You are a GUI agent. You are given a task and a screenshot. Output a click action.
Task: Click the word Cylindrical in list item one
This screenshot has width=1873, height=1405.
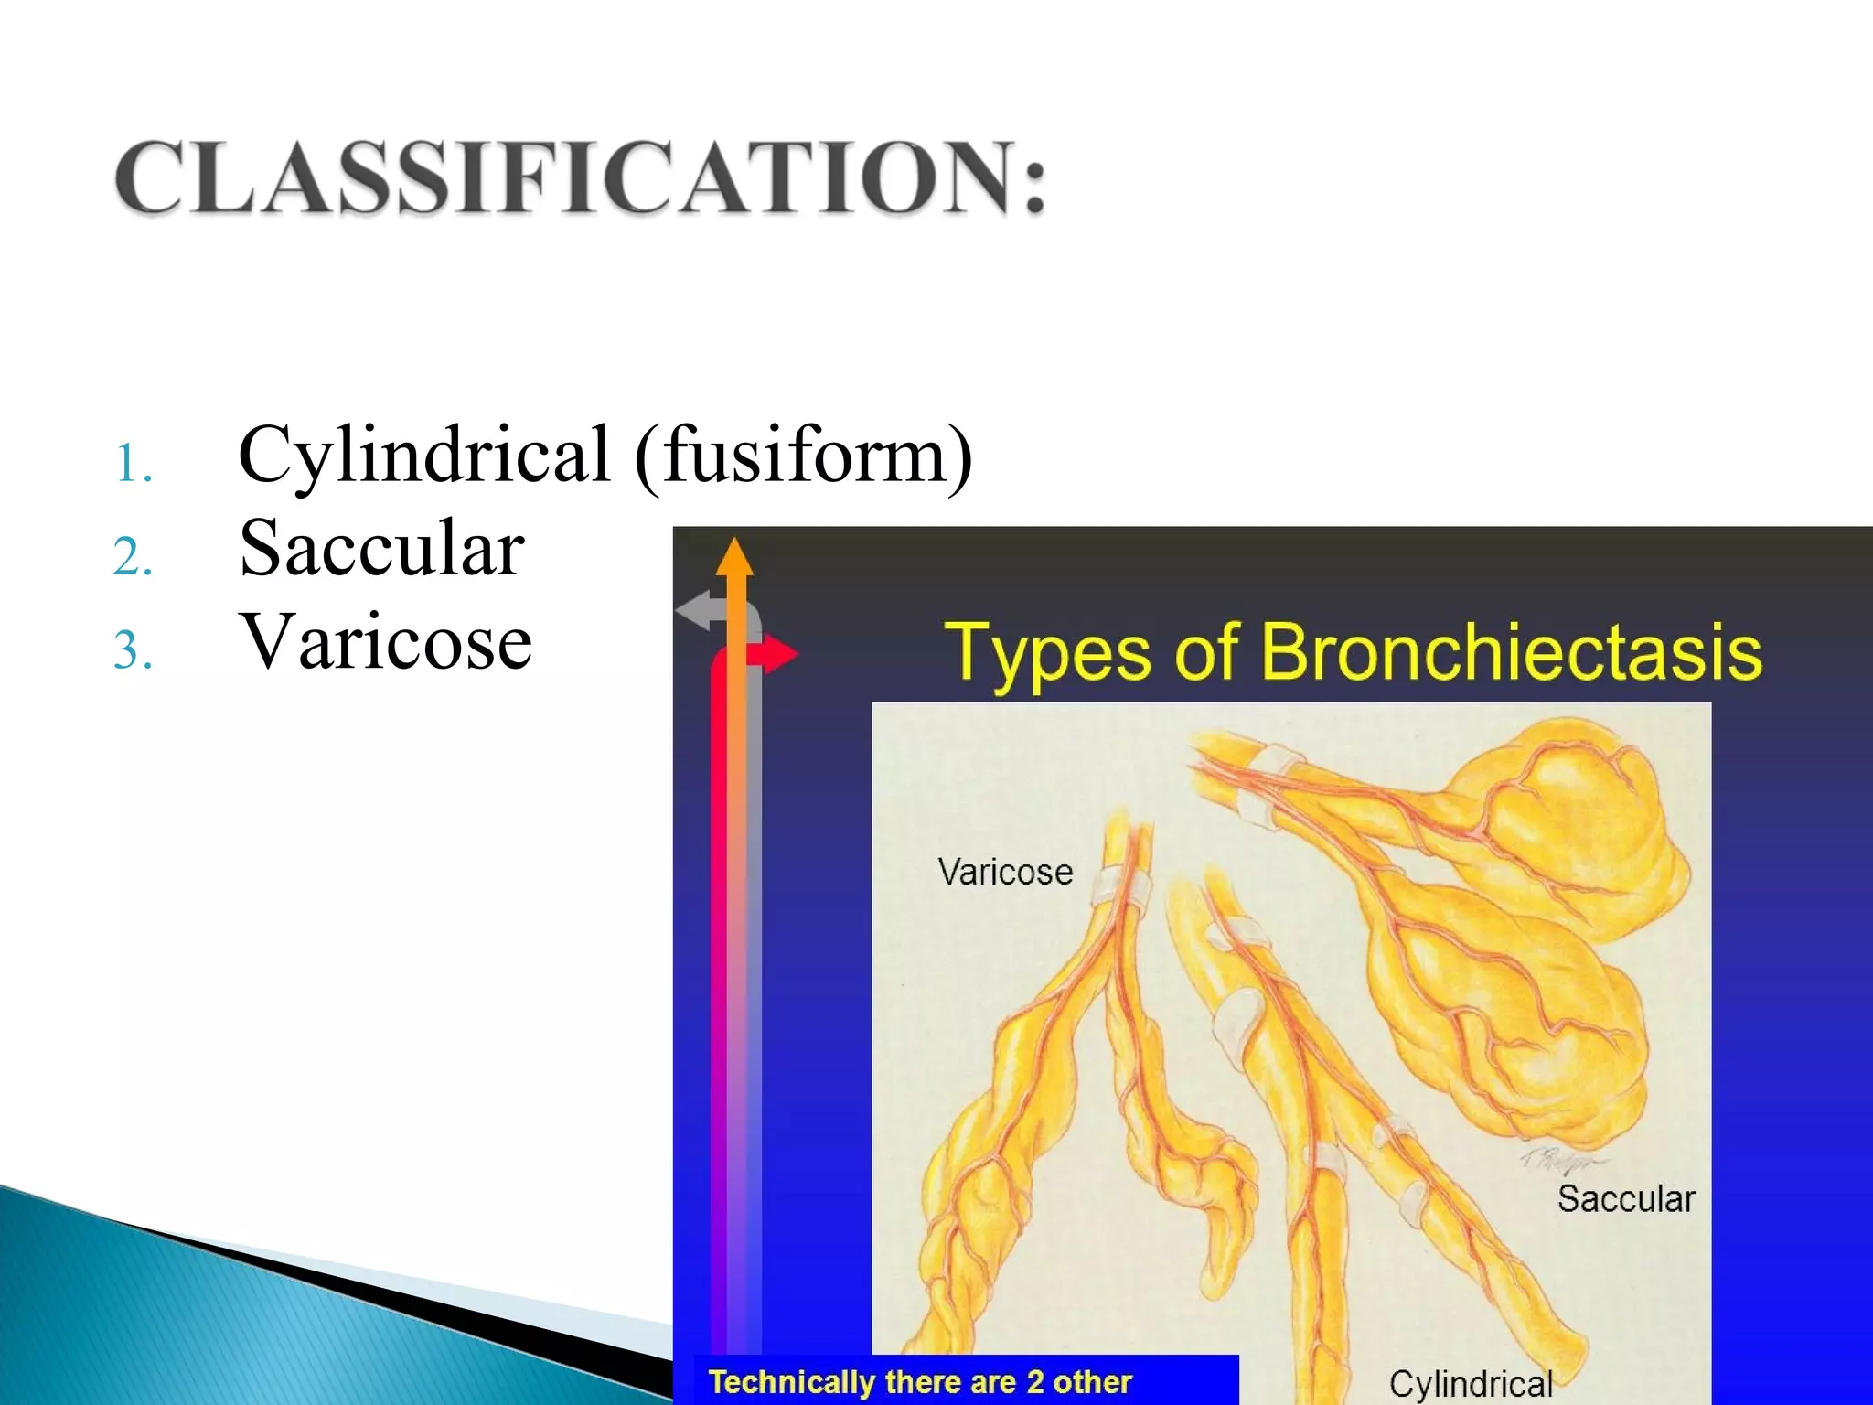[x=423, y=455]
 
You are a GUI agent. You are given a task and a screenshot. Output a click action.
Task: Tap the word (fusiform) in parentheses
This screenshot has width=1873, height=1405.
[x=804, y=455]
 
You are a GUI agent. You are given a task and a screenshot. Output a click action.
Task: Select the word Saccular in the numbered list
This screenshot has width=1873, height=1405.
[x=381, y=548]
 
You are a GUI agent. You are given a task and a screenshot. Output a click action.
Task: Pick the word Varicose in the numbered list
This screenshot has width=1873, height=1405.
[x=385, y=641]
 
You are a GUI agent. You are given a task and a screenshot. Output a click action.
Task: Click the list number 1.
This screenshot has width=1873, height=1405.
[x=132, y=464]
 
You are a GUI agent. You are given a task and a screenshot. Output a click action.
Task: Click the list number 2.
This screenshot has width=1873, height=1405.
[x=132, y=558]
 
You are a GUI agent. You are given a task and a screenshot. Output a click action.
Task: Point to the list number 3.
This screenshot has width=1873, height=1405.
[x=132, y=651]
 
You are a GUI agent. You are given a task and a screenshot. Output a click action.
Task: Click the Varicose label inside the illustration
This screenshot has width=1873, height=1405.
[x=1005, y=872]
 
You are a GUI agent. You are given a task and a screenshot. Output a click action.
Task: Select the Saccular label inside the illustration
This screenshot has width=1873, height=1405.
[x=1626, y=1198]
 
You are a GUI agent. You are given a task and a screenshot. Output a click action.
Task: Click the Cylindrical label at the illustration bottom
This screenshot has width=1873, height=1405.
[x=1471, y=1384]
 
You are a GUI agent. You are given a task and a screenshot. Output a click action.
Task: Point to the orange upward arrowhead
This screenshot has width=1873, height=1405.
[x=734, y=557]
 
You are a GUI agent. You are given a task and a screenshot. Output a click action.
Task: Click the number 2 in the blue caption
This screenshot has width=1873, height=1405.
[x=1034, y=1381]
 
